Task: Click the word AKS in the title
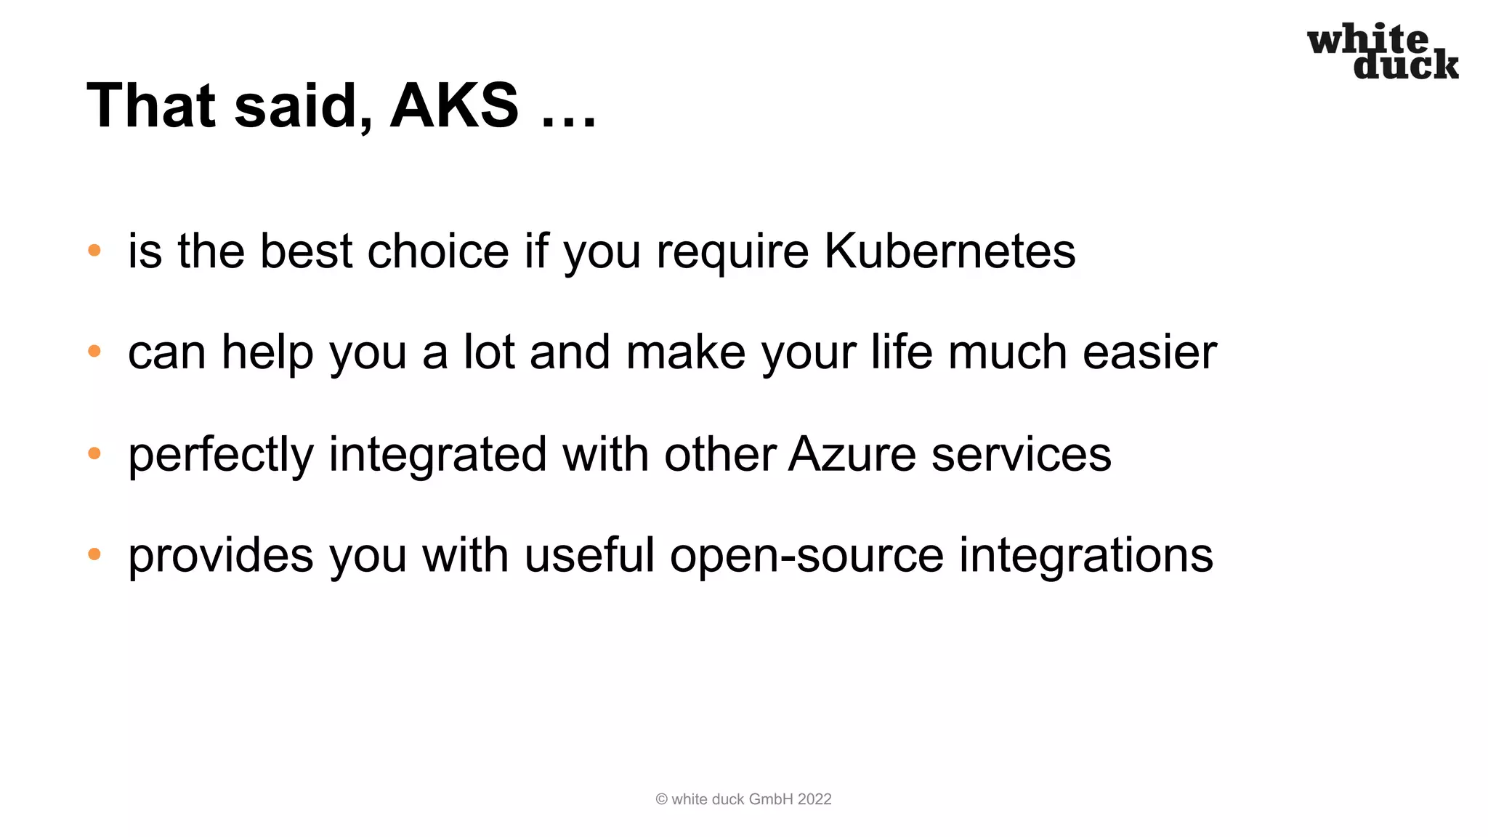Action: pos(455,105)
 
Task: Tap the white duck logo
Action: pos(1382,52)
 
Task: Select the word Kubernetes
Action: pos(949,251)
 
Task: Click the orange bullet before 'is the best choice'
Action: pos(94,251)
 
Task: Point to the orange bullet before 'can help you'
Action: pos(94,352)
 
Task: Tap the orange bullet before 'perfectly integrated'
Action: pos(94,453)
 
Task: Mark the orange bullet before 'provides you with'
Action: pos(94,554)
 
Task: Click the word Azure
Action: pos(852,454)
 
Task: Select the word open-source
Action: pos(806,556)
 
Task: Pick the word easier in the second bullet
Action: pos(1149,352)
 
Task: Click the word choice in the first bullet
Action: pos(438,251)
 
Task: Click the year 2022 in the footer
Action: pos(814,799)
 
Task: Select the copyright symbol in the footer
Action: pos(661,799)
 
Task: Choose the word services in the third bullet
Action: pos(1021,454)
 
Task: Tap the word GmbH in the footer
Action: pos(771,799)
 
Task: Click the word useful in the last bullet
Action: pos(589,556)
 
